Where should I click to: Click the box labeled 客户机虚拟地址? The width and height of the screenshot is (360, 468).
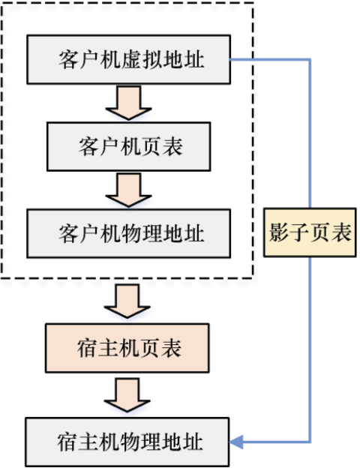[x=129, y=59]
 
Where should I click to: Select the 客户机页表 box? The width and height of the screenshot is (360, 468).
[x=129, y=146]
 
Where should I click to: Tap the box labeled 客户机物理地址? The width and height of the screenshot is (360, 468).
[x=129, y=233]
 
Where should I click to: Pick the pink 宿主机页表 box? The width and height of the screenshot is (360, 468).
[x=127, y=348]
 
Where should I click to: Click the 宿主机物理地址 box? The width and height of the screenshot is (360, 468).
[x=127, y=442]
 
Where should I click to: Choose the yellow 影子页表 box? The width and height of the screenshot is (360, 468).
[x=310, y=232]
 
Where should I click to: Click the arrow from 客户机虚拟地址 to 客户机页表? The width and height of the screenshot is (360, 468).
[x=129, y=103]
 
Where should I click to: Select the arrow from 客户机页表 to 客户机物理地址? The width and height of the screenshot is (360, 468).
[x=129, y=190]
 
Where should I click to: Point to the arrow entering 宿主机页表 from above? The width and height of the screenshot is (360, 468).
[x=127, y=301]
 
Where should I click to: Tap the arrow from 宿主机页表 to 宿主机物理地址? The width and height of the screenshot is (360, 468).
[x=127, y=395]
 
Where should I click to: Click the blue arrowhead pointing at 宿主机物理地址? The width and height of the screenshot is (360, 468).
[x=236, y=442]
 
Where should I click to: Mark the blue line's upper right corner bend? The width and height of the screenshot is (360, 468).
[x=310, y=60]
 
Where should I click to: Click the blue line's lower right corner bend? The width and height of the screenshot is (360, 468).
[x=310, y=442]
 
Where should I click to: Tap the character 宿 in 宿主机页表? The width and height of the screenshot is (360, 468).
[x=86, y=348]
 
